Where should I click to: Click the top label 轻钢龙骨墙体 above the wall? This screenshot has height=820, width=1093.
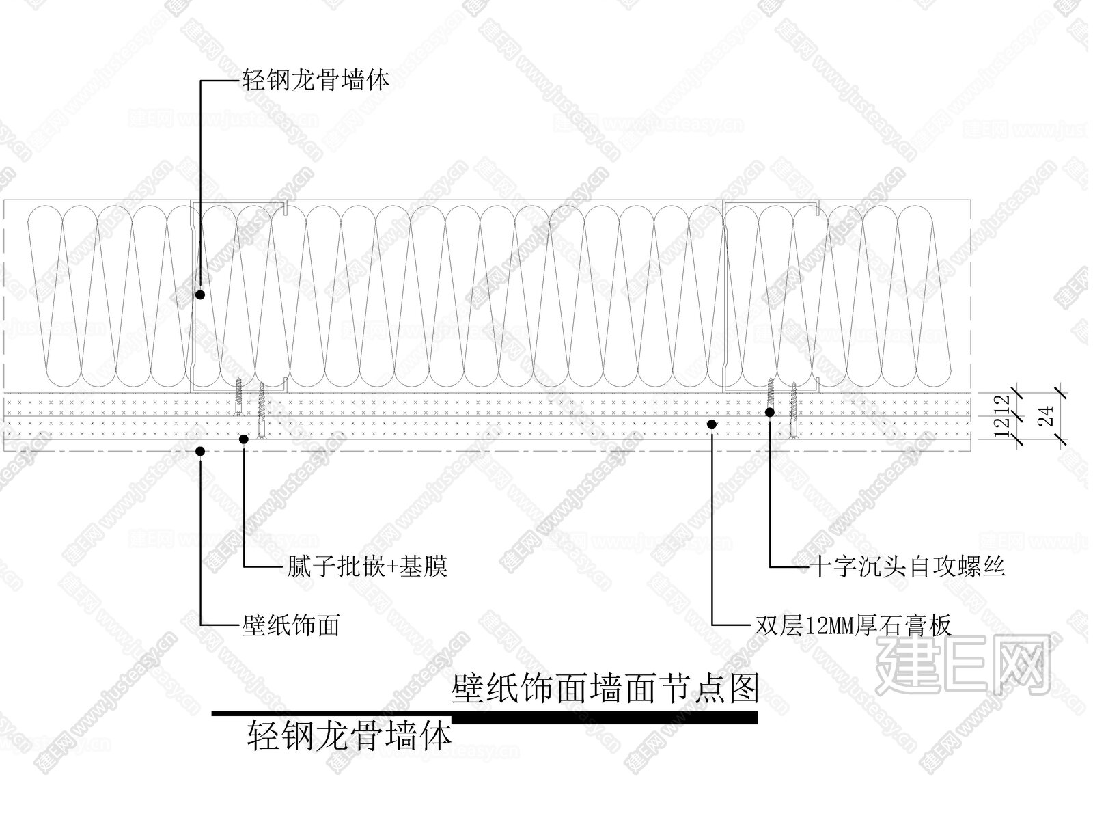(315, 80)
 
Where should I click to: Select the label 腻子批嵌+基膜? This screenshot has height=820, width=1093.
(367, 566)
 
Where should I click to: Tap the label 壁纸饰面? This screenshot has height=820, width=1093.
(291, 625)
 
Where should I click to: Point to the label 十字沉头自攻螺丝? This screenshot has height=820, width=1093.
(907, 566)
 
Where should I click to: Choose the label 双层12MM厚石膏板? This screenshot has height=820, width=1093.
(853, 625)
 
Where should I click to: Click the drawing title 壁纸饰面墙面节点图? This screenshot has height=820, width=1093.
(605, 689)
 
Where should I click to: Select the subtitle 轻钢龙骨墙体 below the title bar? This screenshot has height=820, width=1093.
(349, 736)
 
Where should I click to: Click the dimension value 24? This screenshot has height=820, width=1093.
(1047, 416)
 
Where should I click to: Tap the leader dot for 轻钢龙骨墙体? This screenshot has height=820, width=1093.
(200, 295)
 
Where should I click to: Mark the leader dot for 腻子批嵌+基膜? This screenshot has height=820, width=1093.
(244, 439)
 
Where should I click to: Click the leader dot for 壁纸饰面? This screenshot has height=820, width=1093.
(200, 451)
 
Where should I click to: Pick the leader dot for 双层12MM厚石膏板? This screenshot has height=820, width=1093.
(712, 424)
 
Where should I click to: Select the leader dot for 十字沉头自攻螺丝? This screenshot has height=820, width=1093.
(770, 412)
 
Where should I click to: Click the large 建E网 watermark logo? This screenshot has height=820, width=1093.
(962, 666)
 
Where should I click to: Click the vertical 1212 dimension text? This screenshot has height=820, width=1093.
(1002, 415)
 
